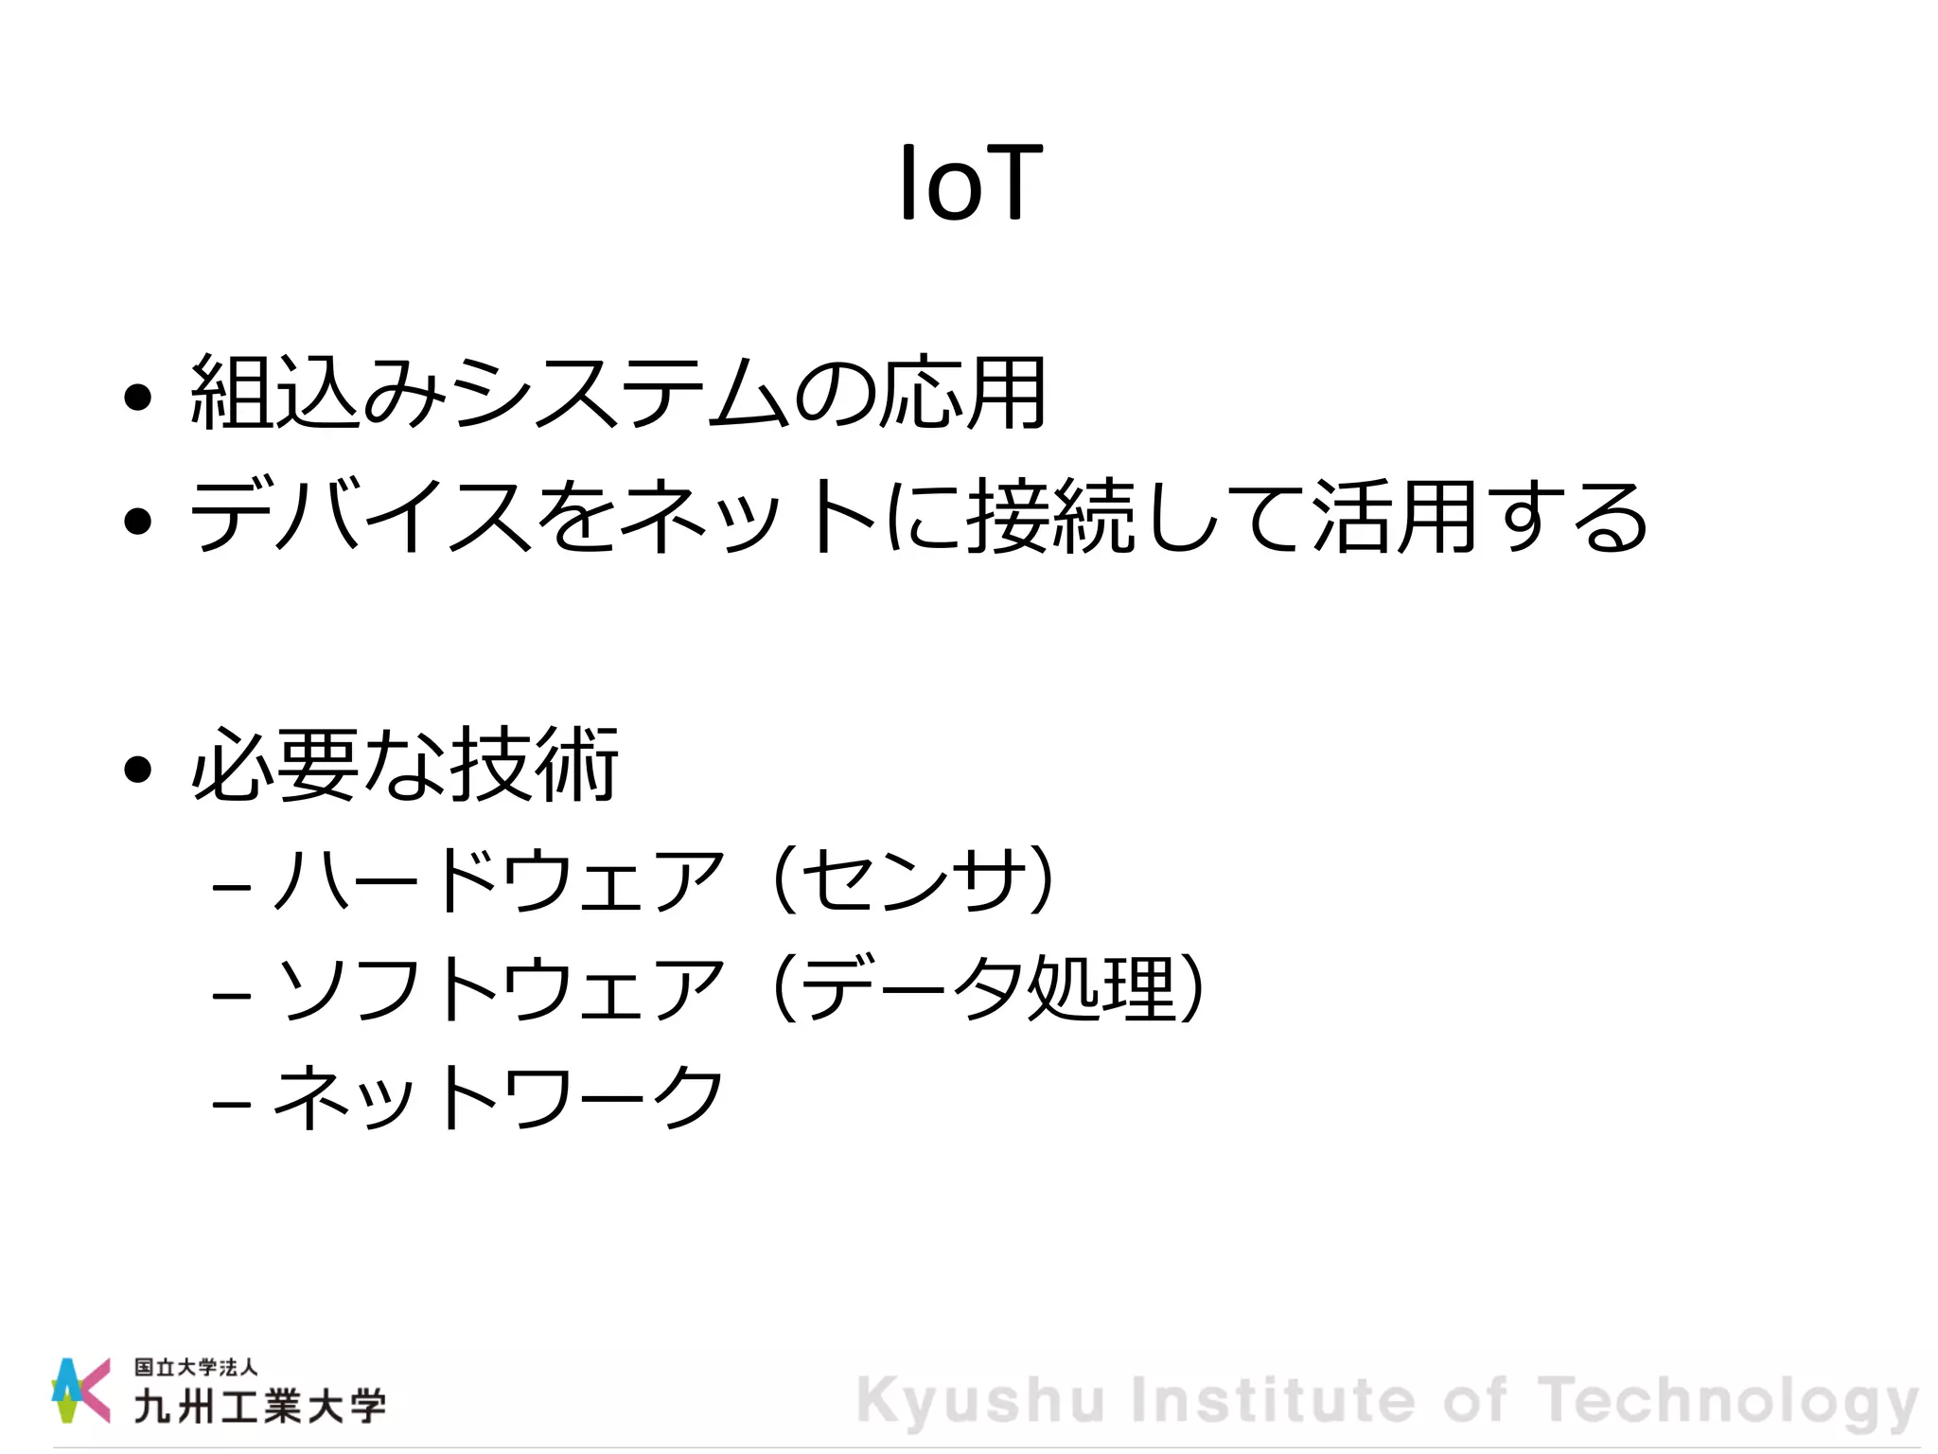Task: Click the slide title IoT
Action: click(970, 184)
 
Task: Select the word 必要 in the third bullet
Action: click(275, 765)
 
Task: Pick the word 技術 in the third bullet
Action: click(534, 765)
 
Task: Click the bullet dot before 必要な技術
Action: click(138, 770)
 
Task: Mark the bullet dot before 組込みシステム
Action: click(138, 398)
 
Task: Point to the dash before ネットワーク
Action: click(232, 1104)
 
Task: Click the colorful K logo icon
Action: click(80, 1390)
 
